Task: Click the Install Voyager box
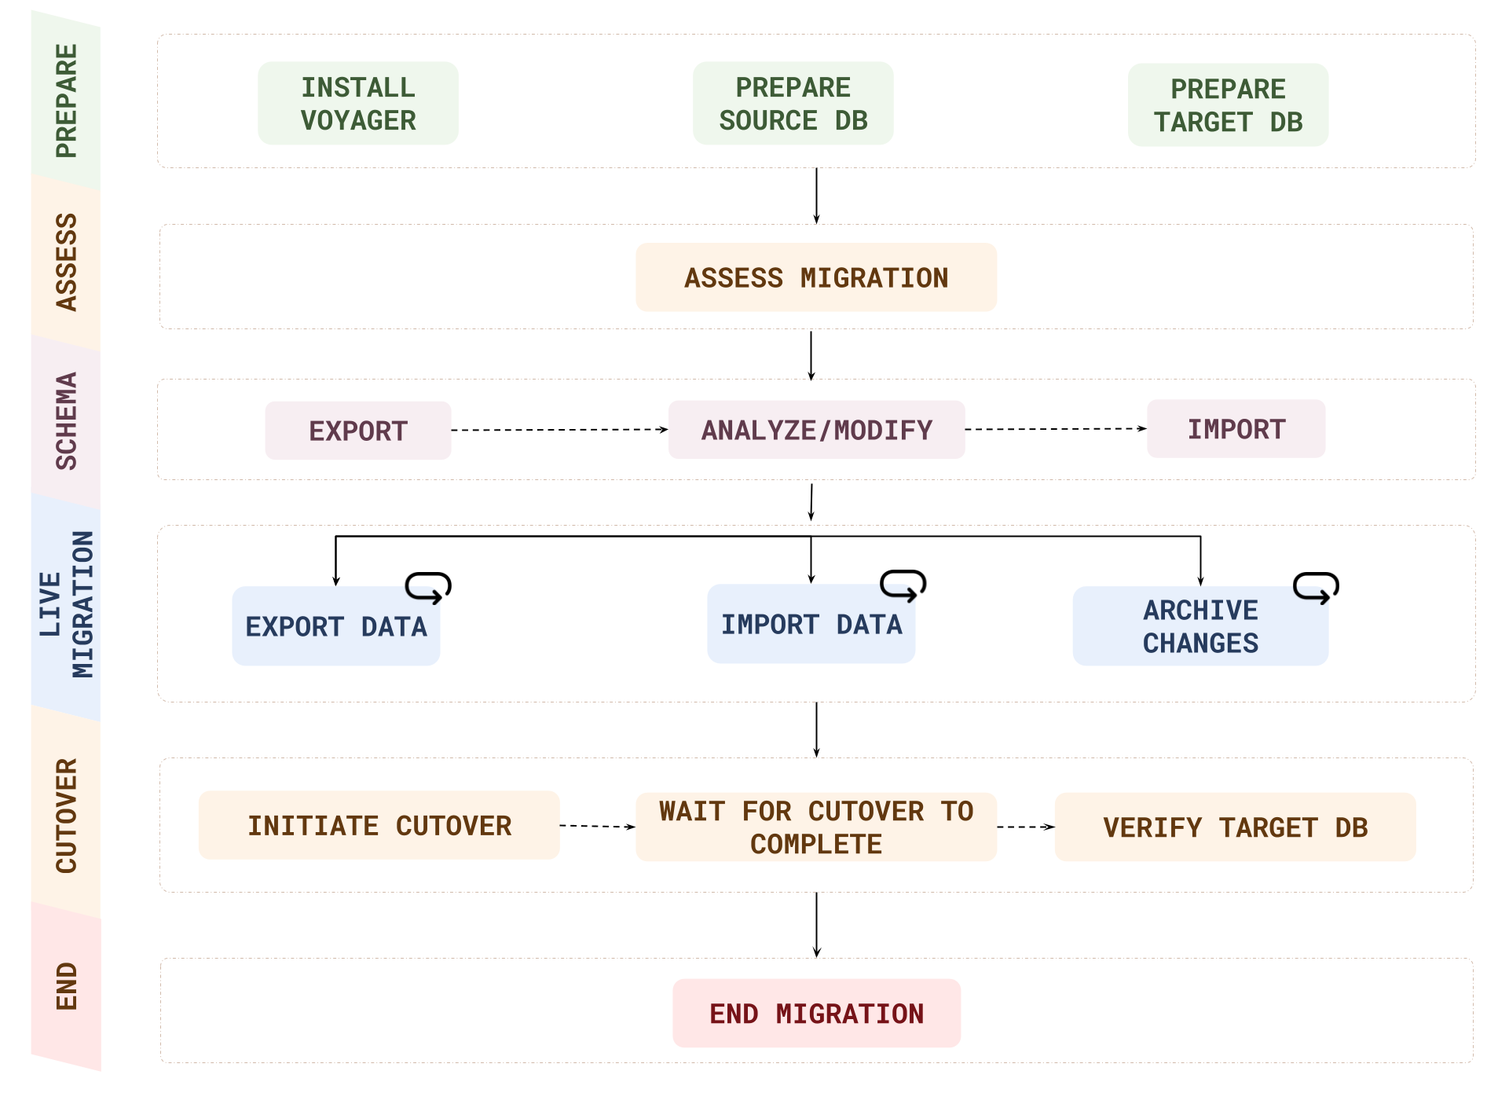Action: coord(358,104)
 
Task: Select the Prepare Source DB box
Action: coord(793,104)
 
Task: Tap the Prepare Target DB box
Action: coord(1228,105)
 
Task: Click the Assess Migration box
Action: coord(816,277)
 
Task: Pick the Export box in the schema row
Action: coord(358,431)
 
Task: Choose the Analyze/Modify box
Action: coord(816,430)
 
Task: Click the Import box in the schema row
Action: coord(1236,429)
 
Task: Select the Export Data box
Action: coord(335,626)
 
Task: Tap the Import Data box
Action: coord(811,624)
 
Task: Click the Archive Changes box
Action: coord(1200,626)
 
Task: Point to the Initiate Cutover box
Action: coord(379,825)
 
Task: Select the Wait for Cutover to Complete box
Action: coord(816,827)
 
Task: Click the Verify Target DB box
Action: coord(1235,827)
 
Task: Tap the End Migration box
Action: coord(816,1013)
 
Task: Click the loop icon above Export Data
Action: coord(428,587)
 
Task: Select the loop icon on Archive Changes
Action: coord(1316,587)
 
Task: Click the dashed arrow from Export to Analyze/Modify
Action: coord(559,430)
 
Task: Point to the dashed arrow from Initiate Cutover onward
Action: coord(597,826)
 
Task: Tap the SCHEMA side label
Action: coord(66,421)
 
